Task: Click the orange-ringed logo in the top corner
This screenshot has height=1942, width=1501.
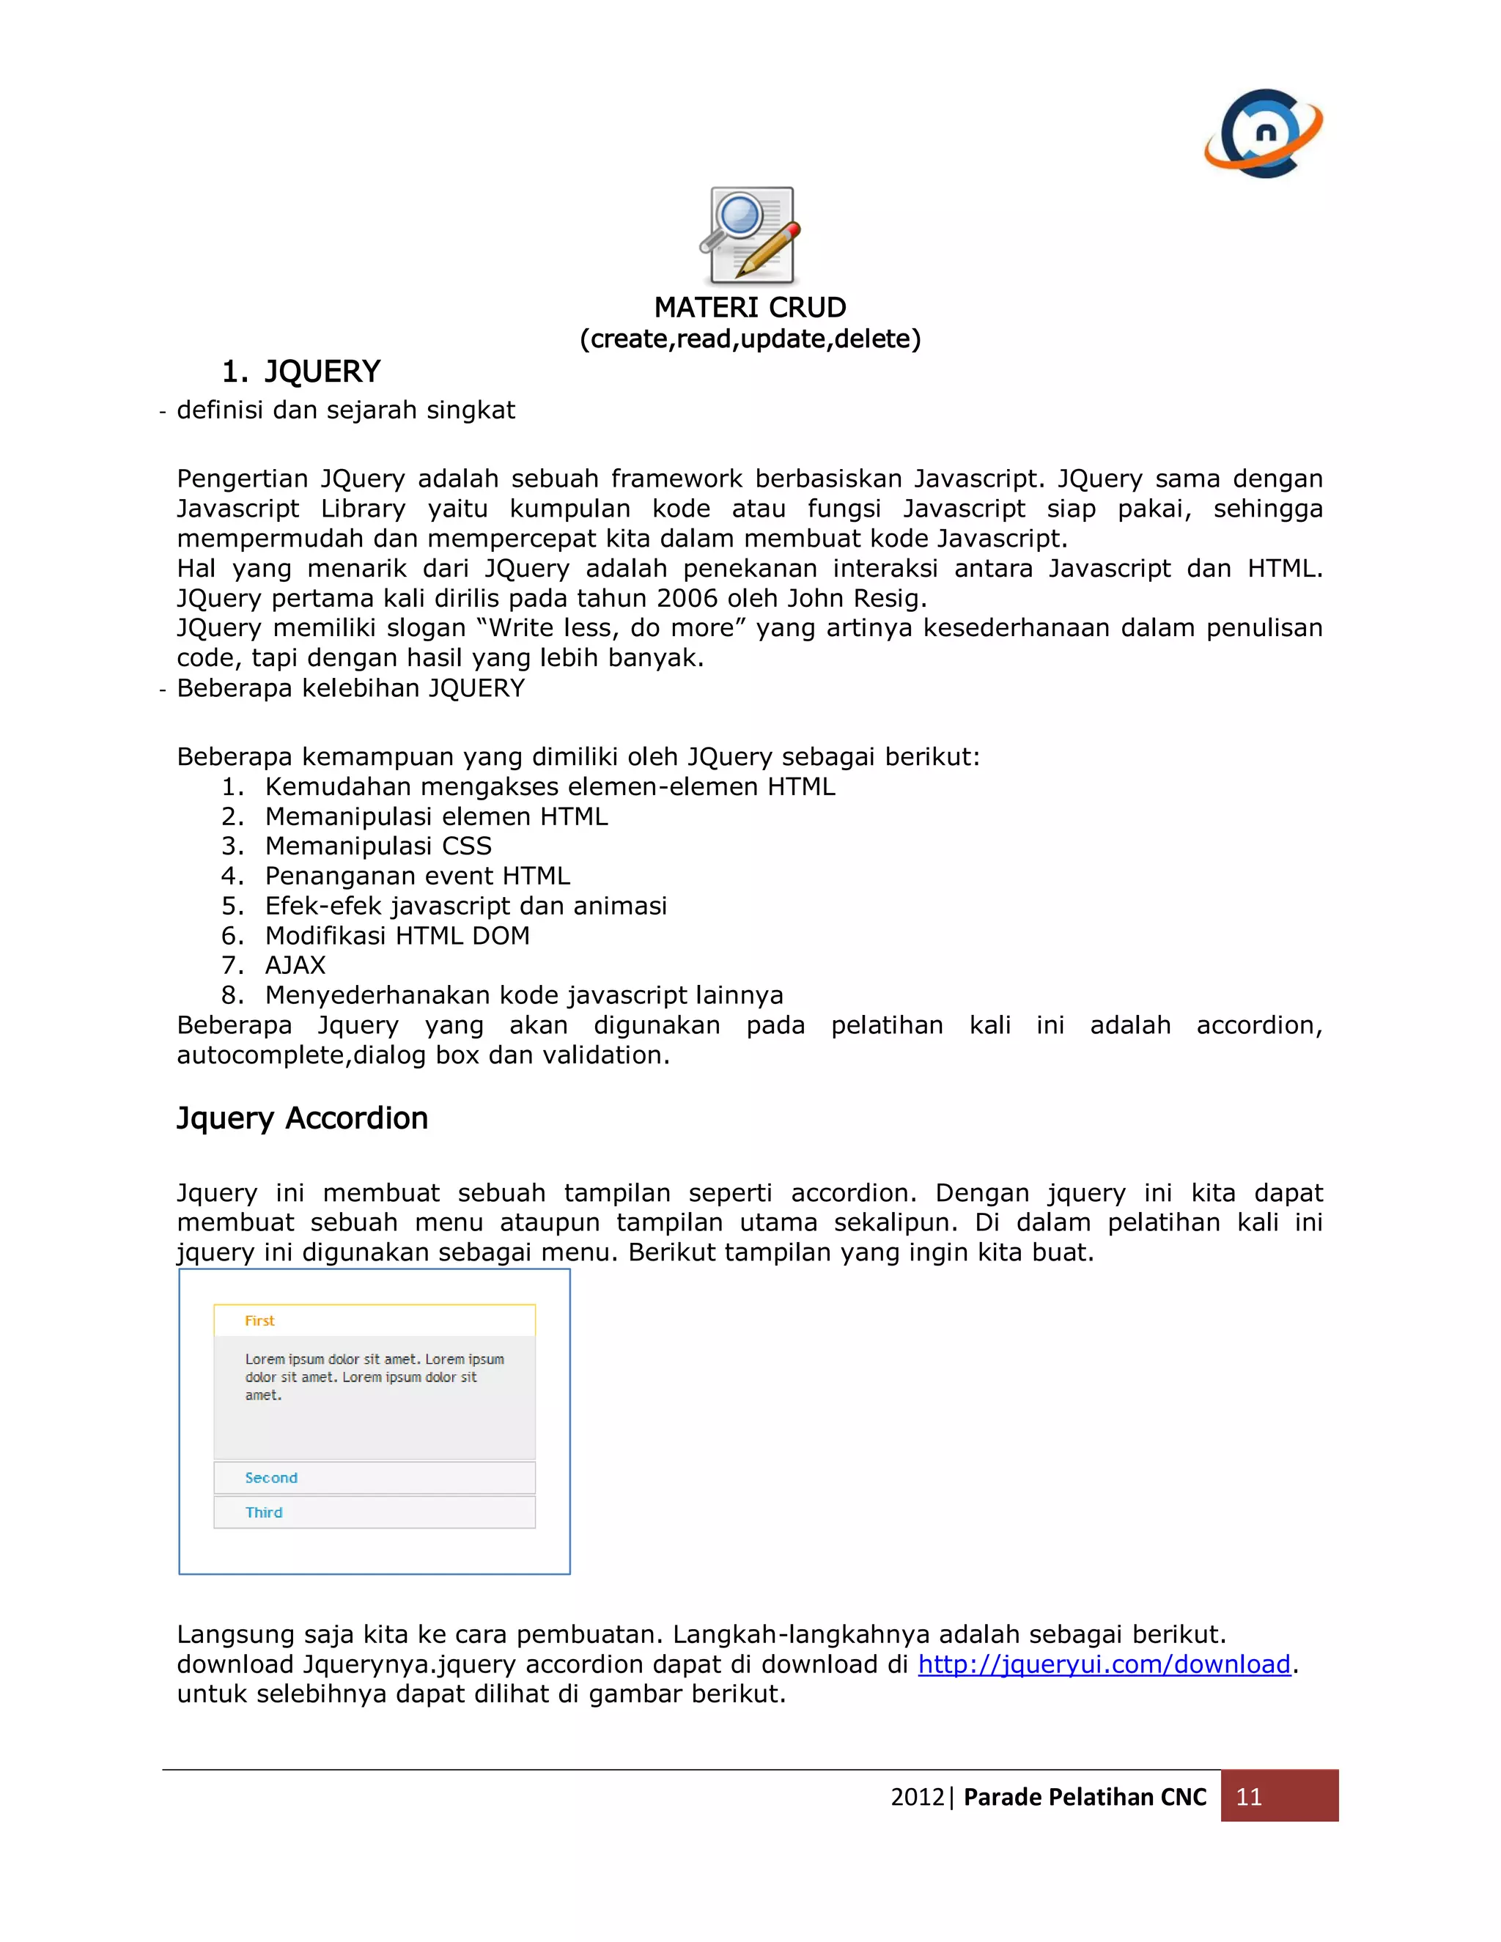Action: pyautogui.click(x=1264, y=134)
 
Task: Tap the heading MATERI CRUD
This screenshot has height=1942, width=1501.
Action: pyautogui.click(x=750, y=308)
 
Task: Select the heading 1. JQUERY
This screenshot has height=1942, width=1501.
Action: pyautogui.click(x=300, y=372)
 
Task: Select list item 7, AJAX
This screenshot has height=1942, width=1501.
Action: pyautogui.click(x=295, y=966)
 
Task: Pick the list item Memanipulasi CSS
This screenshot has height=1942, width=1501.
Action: pyautogui.click(x=378, y=846)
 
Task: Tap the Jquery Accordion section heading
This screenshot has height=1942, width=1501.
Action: pyautogui.click(x=303, y=1118)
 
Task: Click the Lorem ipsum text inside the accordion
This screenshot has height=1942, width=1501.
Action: pyautogui.click(x=374, y=1378)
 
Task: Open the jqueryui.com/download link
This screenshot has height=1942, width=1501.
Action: pyautogui.click(x=1104, y=1664)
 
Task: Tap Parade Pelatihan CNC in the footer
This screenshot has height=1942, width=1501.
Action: pyautogui.click(x=1084, y=1797)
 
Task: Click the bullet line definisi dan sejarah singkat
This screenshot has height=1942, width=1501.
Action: pyautogui.click(x=345, y=411)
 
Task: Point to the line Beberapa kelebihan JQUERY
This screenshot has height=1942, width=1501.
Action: pyautogui.click(x=350, y=689)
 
